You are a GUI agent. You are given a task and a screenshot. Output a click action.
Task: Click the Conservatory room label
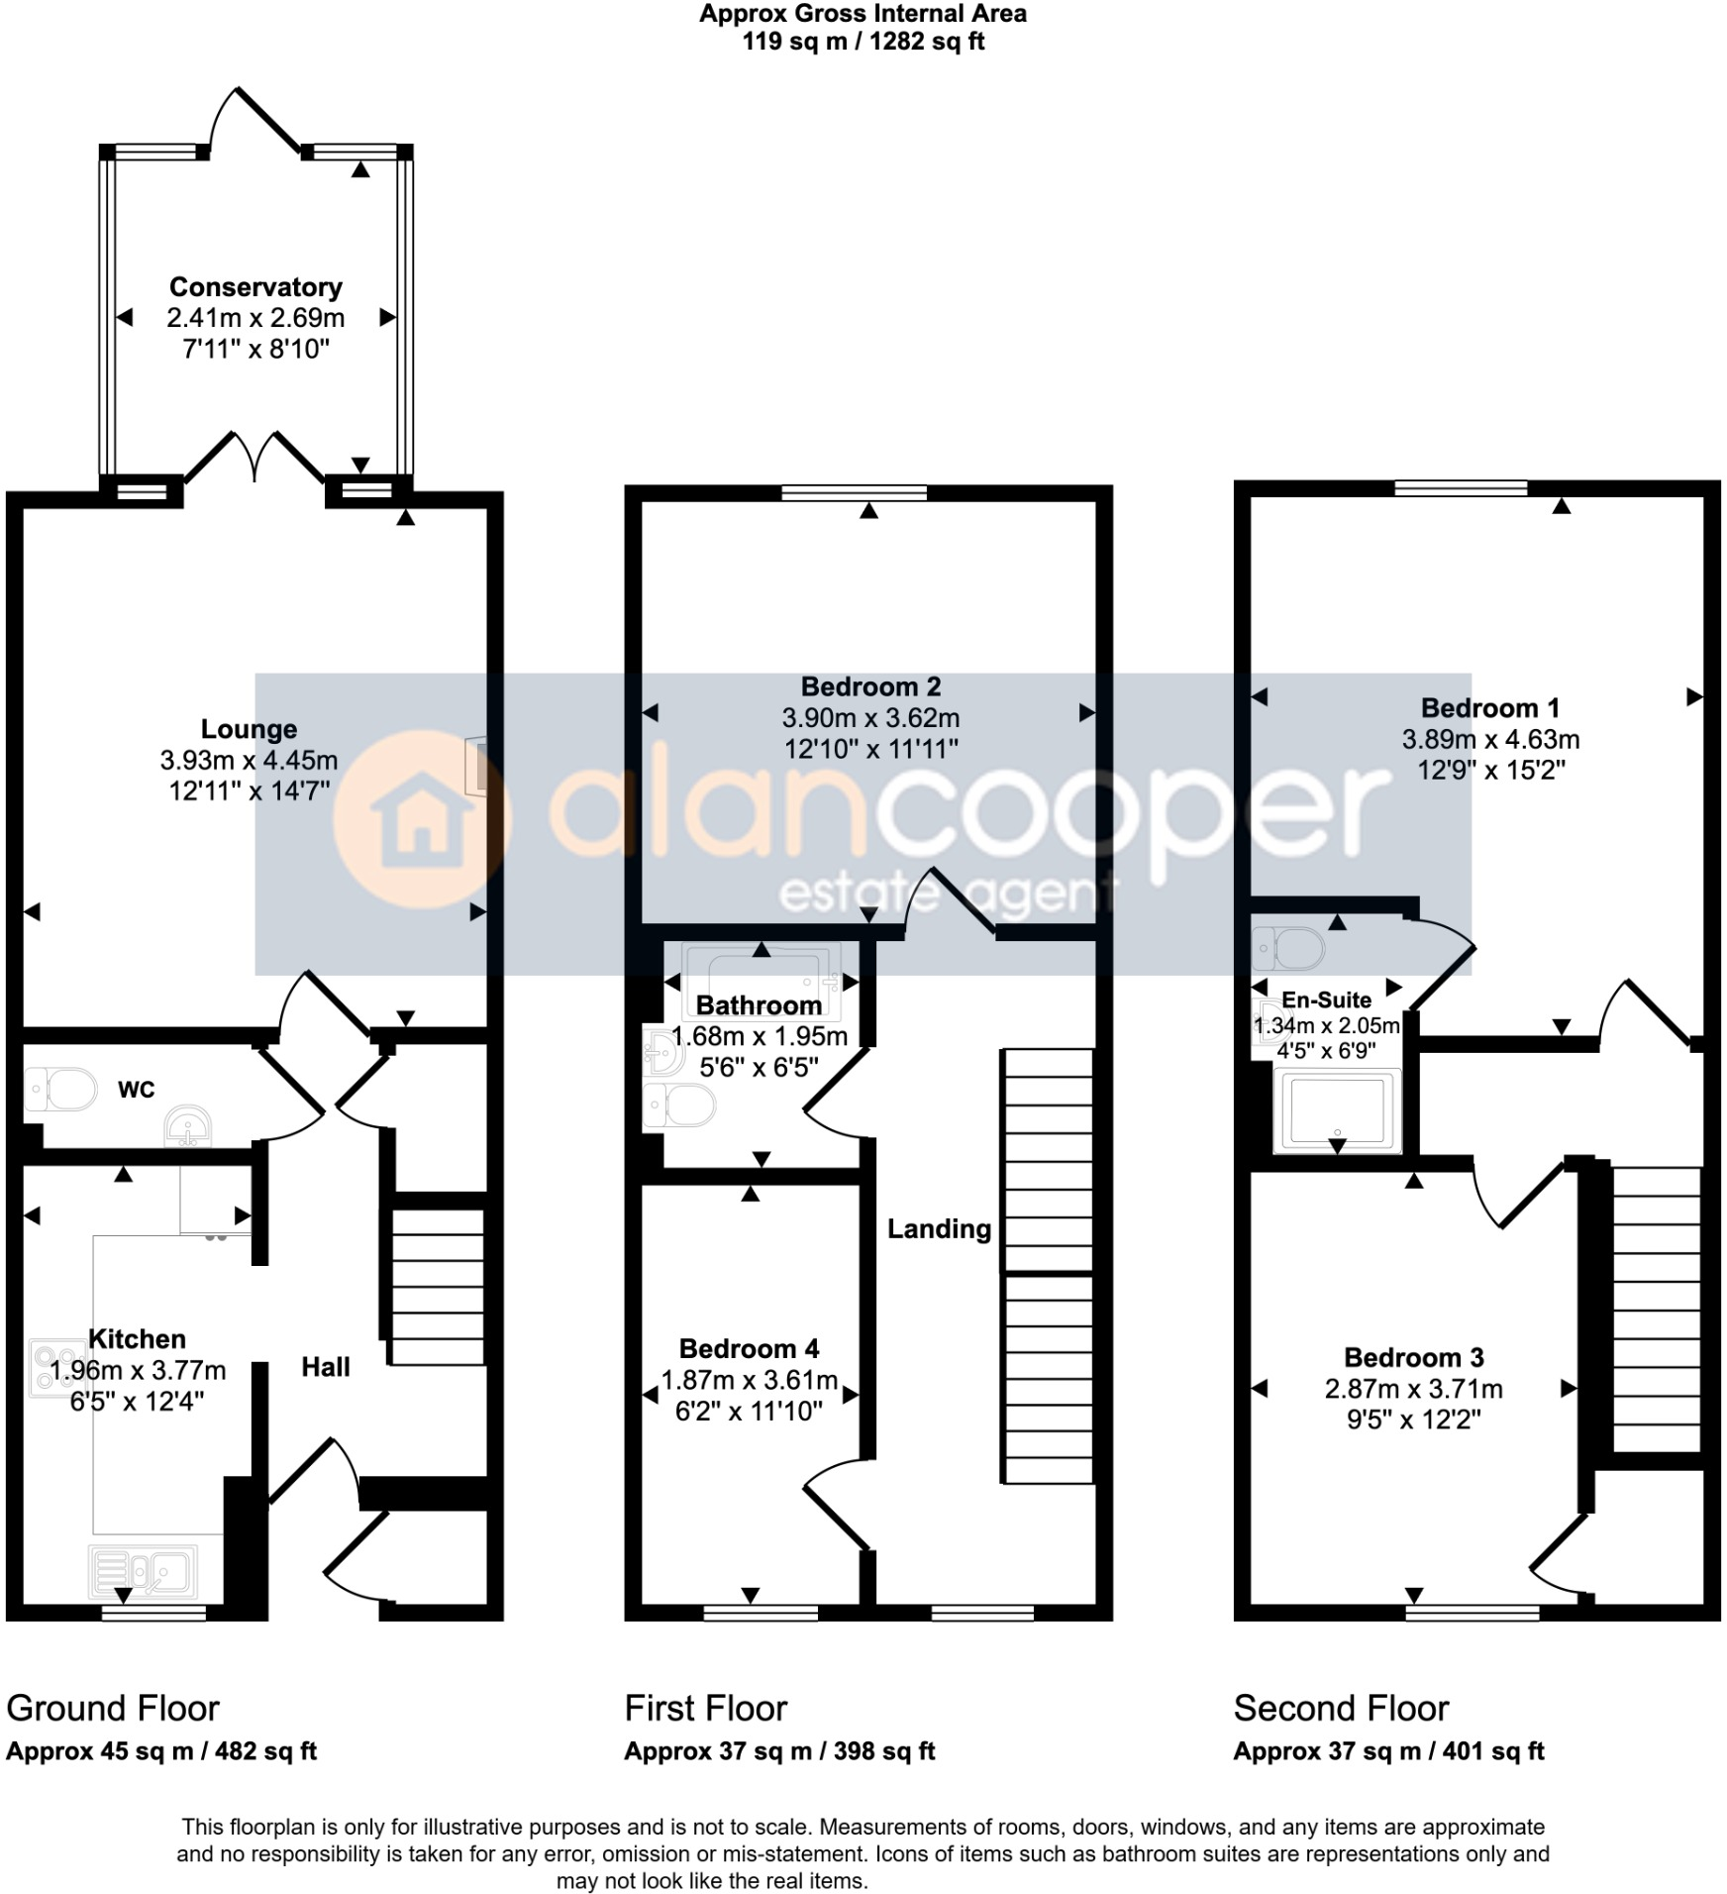(x=255, y=287)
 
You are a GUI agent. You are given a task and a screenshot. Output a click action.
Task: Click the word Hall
(x=326, y=1367)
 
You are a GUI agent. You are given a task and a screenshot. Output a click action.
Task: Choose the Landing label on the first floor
(x=938, y=1228)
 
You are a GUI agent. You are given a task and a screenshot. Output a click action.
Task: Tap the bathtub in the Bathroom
(x=761, y=981)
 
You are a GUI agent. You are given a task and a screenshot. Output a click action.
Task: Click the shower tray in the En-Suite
(x=1337, y=1109)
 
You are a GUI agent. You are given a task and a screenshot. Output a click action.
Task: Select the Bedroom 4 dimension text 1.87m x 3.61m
(x=749, y=1380)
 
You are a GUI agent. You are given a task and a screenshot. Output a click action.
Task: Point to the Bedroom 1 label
(x=1489, y=707)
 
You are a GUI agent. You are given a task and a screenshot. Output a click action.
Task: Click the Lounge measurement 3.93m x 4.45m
(x=249, y=760)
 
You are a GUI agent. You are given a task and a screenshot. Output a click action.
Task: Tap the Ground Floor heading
(x=113, y=1708)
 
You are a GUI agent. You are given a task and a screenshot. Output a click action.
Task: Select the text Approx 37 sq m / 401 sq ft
(x=1388, y=1750)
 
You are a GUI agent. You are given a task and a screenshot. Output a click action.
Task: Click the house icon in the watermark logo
(x=422, y=819)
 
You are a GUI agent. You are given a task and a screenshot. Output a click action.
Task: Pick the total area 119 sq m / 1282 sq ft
(x=863, y=42)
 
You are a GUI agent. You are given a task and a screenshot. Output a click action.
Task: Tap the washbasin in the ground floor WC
(x=188, y=1126)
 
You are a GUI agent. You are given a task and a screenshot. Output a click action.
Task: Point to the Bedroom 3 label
(x=1413, y=1357)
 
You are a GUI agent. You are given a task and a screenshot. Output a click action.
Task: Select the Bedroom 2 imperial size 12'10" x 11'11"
(x=870, y=749)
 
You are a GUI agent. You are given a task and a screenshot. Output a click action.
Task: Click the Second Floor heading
(x=1340, y=1708)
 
